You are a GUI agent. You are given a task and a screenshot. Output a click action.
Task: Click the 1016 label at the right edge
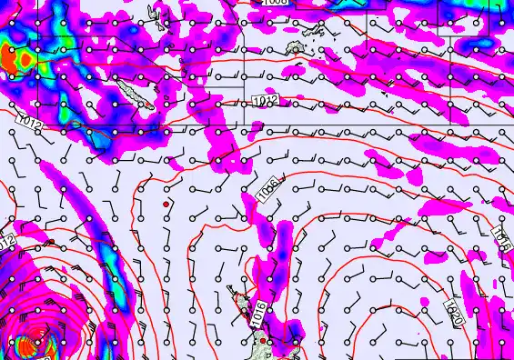pyautogui.click(x=500, y=238)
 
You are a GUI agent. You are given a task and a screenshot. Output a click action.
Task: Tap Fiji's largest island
pyautogui.click(x=295, y=46)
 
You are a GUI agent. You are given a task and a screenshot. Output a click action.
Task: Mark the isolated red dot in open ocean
pyautogui.click(x=166, y=205)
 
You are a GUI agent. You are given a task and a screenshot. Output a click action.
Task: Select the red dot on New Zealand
pyautogui.click(x=263, y=341)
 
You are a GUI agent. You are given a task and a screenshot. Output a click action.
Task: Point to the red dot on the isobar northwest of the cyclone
pyautogui.click(x=51, y=242)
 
